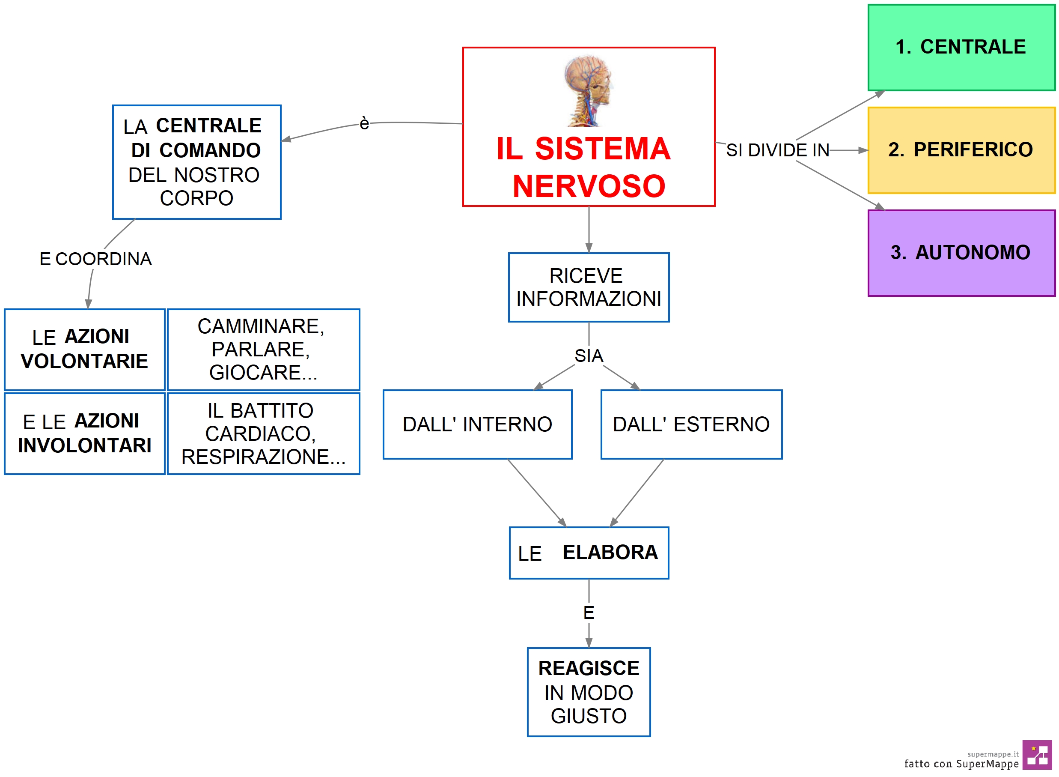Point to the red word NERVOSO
point(589,186)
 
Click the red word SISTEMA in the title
point(602,149)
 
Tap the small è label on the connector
point(364,123)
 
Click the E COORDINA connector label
point(95,259)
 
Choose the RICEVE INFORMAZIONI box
point(589,287)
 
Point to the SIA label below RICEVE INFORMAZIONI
point(589,356)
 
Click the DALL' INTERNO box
point(477,424)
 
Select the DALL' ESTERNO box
point(691,424)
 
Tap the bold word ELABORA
point(610,553)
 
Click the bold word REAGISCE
point(589,668)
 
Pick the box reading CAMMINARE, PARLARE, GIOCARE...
point(263,350)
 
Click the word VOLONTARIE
point(85,361)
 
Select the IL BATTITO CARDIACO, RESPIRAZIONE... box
point(263,433)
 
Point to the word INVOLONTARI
point(85,445)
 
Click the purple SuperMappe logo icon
point(1036,754)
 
